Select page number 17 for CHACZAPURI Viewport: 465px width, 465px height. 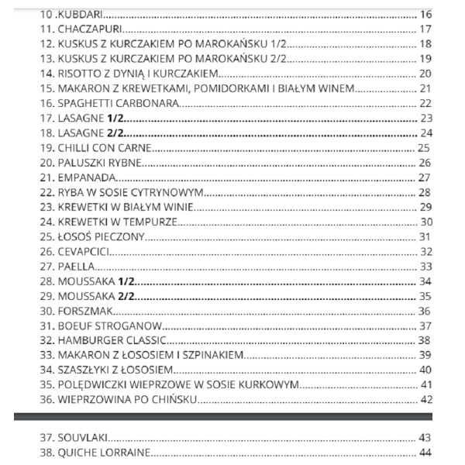[425, 29]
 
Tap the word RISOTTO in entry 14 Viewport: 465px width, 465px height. [81, 74]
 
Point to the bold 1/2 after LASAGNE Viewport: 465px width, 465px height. [116, 118]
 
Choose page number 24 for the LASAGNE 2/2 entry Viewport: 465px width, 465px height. [425, 133]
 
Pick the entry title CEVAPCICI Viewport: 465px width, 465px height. [84, 251]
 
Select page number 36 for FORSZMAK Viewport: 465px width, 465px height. [424, 310]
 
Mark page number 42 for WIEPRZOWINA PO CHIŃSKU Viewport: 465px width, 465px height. [425, 399]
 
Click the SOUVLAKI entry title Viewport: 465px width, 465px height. [82, 438]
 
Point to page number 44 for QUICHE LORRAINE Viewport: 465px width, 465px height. [424, 453]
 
